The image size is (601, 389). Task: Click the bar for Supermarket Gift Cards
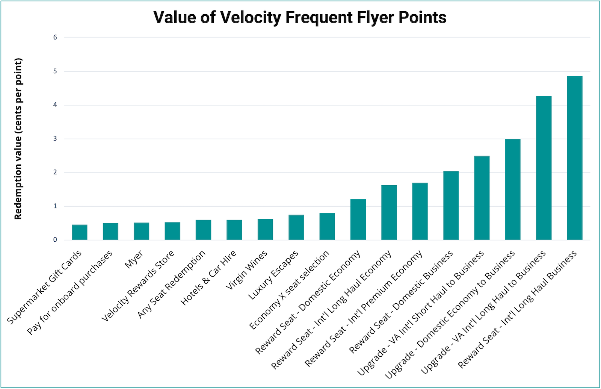click(x=80, y=232)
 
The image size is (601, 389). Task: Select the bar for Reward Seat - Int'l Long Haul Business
click(x=574, y=158)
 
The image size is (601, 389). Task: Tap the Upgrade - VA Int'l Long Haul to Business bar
click(x=544, y=168)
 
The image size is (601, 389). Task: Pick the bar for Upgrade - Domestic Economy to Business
click(x=513, y=189)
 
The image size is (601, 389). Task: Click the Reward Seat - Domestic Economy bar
click(x=358, y=219)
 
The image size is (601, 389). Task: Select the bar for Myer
click(x=141, y=231)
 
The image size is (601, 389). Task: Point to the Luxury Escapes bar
click(x=296, y=227)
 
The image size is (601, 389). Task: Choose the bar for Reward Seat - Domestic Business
click(x=451, y=206)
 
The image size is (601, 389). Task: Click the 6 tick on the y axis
click(x=55, y=37)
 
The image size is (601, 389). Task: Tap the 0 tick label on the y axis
click(x=55, y=240)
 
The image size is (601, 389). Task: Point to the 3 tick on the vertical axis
click(x=55, y=139)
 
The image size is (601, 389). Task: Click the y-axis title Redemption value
click(x=18, y=139)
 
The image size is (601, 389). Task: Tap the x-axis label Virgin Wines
click(x=247, y=270)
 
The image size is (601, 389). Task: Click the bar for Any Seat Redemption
click(x=203, y=230)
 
